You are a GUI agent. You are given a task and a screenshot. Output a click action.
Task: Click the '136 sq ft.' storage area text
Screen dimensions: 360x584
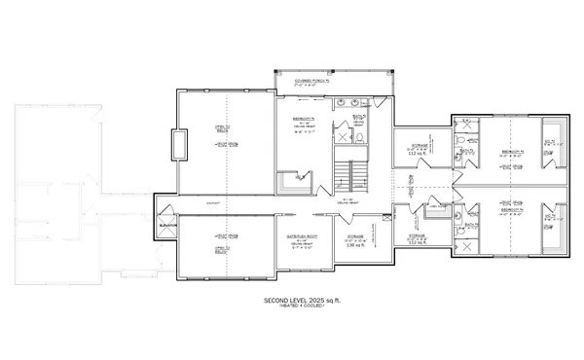pos(355,244)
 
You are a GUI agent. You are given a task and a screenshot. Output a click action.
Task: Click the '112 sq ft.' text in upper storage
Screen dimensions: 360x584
pos(418,154)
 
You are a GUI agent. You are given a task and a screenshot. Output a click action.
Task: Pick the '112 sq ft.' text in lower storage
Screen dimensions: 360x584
pos(418,242)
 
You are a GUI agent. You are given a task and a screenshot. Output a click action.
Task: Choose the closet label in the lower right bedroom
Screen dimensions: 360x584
pos(550,217)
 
